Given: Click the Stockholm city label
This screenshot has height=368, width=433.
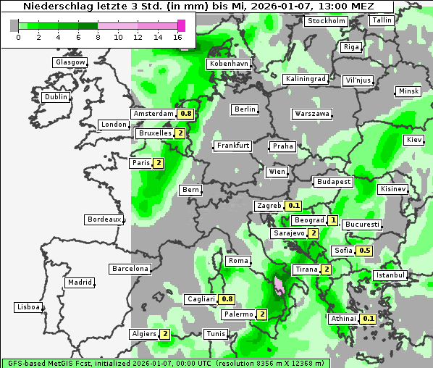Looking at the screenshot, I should pos(326,20).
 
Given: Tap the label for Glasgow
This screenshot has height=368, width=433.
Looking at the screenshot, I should pos(70,62).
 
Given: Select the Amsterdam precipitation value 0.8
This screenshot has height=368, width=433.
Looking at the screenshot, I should pos(185,114).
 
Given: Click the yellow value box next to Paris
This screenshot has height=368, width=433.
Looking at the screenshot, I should pos(158,163).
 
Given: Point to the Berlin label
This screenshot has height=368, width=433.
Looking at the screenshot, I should pos(245,109).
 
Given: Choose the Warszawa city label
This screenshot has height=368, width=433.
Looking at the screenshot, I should pos(312,114).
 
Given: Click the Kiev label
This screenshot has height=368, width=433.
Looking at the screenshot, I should pos(413,139).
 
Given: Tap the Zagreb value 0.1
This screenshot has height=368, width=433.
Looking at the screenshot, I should pos(293,206).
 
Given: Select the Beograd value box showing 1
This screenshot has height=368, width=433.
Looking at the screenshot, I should pos(332,220).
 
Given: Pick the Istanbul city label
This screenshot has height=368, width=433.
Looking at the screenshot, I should pos(390,275).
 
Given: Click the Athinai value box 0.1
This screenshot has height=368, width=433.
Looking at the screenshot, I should pos(368,319).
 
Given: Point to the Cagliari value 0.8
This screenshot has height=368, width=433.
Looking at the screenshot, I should pos(227,299).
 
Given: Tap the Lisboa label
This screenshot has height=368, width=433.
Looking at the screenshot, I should pos(28,307).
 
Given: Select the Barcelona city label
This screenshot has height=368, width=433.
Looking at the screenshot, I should pos(130,269).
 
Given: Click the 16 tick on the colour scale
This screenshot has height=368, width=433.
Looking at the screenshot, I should pos(177,36).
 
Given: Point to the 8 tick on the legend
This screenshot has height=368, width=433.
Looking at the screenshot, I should pos(97,36).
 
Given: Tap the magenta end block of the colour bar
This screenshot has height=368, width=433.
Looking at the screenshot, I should pos(181,25).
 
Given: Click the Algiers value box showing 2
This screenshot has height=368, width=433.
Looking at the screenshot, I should pos(165,334).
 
